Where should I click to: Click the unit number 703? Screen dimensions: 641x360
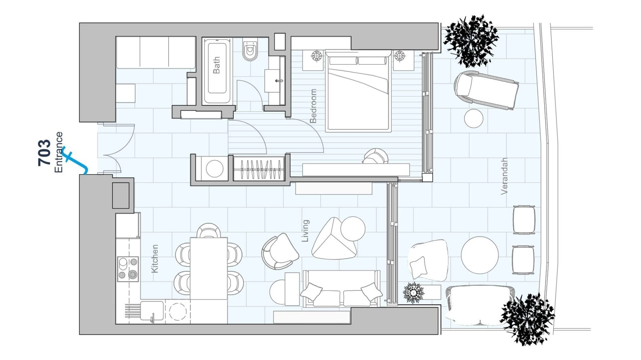pos(44,153)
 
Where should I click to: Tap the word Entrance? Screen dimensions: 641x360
pos(59,152)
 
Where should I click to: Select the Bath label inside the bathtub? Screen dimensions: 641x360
pos(216,65)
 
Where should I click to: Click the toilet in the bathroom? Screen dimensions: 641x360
pos(250,51)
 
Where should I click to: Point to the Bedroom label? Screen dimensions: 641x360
pos(313,106)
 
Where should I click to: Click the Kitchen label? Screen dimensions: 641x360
pos(154,259)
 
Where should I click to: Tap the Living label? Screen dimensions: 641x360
pos(305,231)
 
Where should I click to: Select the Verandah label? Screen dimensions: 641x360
pos(504,176)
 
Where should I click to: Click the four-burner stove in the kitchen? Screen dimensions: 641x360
pos(128,269)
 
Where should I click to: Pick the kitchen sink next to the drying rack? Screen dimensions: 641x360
pos(152,311)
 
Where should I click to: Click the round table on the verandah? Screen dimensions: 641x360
pos(480,255)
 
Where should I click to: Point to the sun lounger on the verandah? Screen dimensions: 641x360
pos(486,90)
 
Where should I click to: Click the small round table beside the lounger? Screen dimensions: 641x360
pos(474,118)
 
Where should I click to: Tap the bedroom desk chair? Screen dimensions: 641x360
pos(376,156)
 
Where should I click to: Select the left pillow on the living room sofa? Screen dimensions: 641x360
pos(311,291)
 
